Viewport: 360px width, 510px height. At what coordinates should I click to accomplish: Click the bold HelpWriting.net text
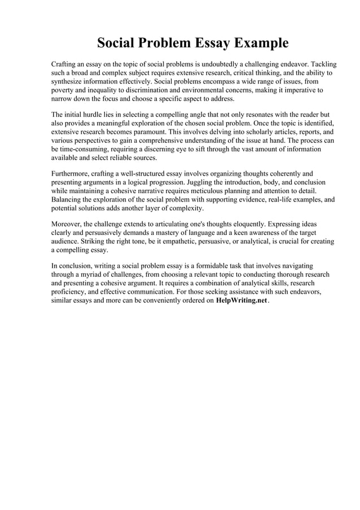pos(242,301)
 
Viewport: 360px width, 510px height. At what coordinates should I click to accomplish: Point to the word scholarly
pos(249,130)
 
